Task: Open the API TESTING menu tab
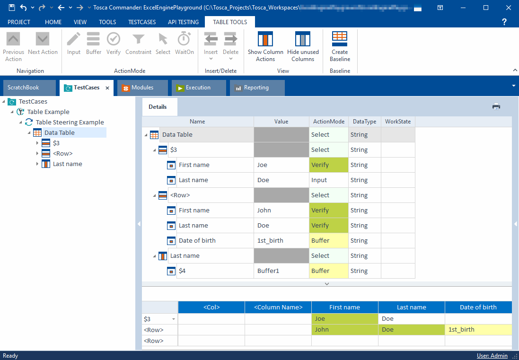pyautogui.click(x=183, y=22)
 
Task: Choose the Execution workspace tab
pyautogui.click(x=198, y=88)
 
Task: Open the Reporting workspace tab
pyautogui.click(x=256, y=88)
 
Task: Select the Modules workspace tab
pyautogui.click(x=142, y=88)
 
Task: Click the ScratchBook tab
pyautogui.click(x=24, y=88)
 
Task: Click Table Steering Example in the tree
pyautogui.click(x=70, y=122)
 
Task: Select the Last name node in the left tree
pyautogui.click(x=67, y=164)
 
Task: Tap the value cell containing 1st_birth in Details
pyautogui.click(x=281, y=240)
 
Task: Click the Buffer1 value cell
pyautogui.click(x=281, y=271)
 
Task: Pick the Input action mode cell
pyautogui.click(x=328, y=180)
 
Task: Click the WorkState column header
pyautogui.click(x=398, y=122)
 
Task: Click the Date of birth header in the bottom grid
pyautogui.click(x=478, y=307)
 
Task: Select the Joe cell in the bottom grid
pyautogui.click(x=344, y=318)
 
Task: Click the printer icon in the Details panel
pyautogui.click(x=496, y=106)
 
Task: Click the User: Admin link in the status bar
pyautogui.click(x=492, y=356)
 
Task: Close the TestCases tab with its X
pyautogui.click(x=107, y=88)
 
